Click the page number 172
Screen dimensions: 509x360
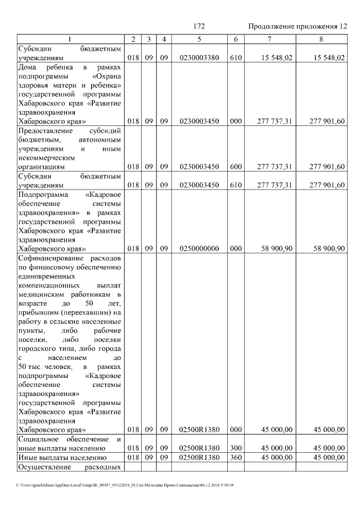click(x=199, y=26)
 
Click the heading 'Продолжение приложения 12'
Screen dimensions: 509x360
click(x=298, y=26)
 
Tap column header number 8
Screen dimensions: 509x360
click(x=321, y=39)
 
